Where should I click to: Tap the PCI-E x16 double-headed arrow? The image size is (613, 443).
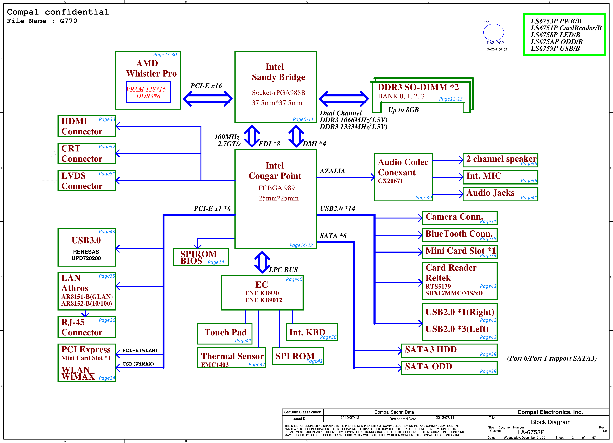208,99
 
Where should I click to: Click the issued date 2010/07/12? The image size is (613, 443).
350,418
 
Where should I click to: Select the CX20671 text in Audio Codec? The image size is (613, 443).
390,181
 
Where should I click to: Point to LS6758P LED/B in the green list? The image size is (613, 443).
555,35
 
